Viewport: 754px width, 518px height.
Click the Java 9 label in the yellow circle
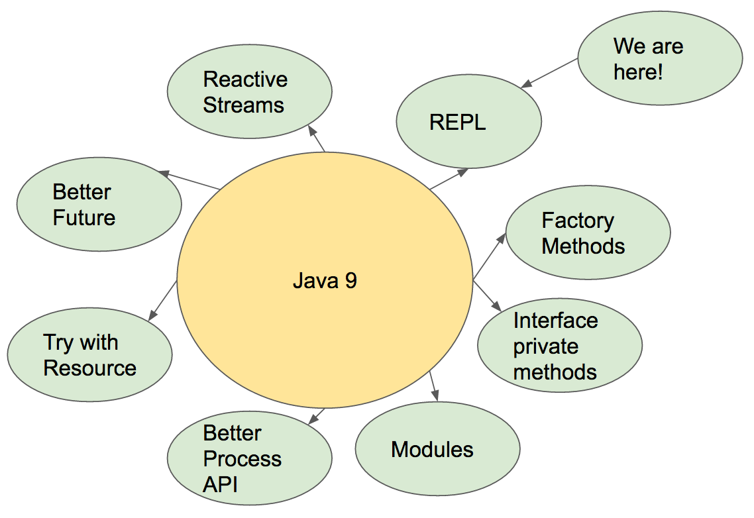point(325,281)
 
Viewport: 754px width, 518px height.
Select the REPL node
point(468,122)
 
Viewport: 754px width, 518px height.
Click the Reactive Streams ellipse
point(249,92)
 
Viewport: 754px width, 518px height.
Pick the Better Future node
point(99,205)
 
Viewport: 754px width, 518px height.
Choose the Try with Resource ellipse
point(89,355)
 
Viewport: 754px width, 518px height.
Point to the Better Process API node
point(249,459)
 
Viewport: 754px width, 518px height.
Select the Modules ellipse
point(437,450)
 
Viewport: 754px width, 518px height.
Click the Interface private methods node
point(559,346)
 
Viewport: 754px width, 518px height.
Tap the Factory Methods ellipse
point(588,233)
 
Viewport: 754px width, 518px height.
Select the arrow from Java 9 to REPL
point(449,179)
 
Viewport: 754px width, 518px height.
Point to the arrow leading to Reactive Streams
point(317,140)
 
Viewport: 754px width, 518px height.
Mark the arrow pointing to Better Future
point(189,180)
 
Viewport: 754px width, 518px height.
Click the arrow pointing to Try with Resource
point(163,301)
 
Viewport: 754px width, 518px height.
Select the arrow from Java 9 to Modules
point(434,386)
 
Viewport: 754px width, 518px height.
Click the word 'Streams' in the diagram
point(243,105)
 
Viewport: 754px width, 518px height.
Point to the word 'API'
point(220,484)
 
